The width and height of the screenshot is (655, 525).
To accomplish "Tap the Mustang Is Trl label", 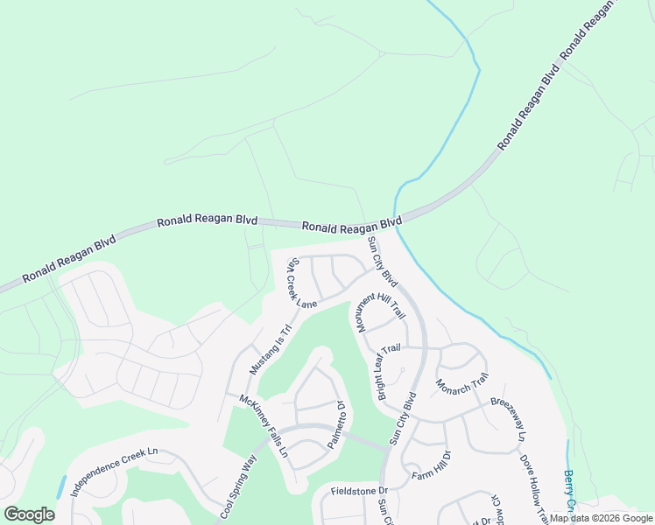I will click(x=269, y=350).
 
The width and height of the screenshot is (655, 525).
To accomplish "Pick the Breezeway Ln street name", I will click(x=509, y=419).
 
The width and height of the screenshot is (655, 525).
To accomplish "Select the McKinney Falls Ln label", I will click(x=264, y=426).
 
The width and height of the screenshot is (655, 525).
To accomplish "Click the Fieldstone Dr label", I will click(x=359, y=492).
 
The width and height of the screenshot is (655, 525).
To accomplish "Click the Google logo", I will click(x=29, y=514).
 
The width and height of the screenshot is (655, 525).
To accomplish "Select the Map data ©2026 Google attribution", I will click(x=601, y=518).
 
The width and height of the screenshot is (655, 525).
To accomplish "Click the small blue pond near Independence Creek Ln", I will click(x=62, y=486).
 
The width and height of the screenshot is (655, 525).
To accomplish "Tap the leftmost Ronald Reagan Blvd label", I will click(x=69, y=259).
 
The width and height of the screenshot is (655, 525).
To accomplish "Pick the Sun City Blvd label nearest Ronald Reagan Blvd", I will click(x=383, y=262).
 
